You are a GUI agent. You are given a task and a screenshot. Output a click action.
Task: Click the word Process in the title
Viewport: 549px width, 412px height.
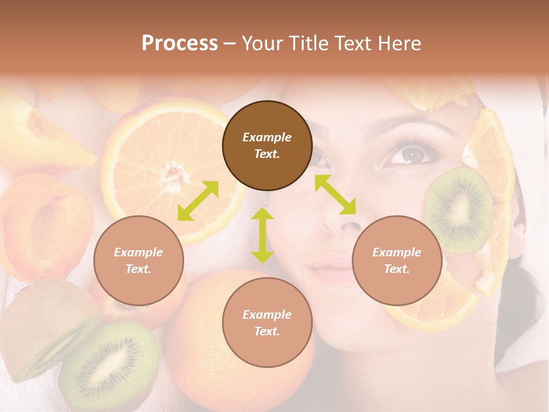[x=180, y=43]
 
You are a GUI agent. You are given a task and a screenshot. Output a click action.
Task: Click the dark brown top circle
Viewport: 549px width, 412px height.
[x=267, y=145]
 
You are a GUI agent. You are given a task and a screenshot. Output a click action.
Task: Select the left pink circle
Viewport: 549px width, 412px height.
[x=138, y=260]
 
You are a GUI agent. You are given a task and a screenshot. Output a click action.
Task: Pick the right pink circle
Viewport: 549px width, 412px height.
[x=397, y=260]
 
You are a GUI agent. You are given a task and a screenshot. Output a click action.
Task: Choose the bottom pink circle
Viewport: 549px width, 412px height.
[x=267, y=323]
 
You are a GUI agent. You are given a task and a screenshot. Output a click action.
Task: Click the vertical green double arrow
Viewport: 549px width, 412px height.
[x=262, y=235]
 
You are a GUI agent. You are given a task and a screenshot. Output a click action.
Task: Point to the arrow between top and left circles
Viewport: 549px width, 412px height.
[x=198, y=201]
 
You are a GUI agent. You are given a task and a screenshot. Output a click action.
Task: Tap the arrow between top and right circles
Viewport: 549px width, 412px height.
[x=335, y=195]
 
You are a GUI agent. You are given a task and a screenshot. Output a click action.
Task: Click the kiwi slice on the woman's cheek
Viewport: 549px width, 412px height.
[x=459, y=210]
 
